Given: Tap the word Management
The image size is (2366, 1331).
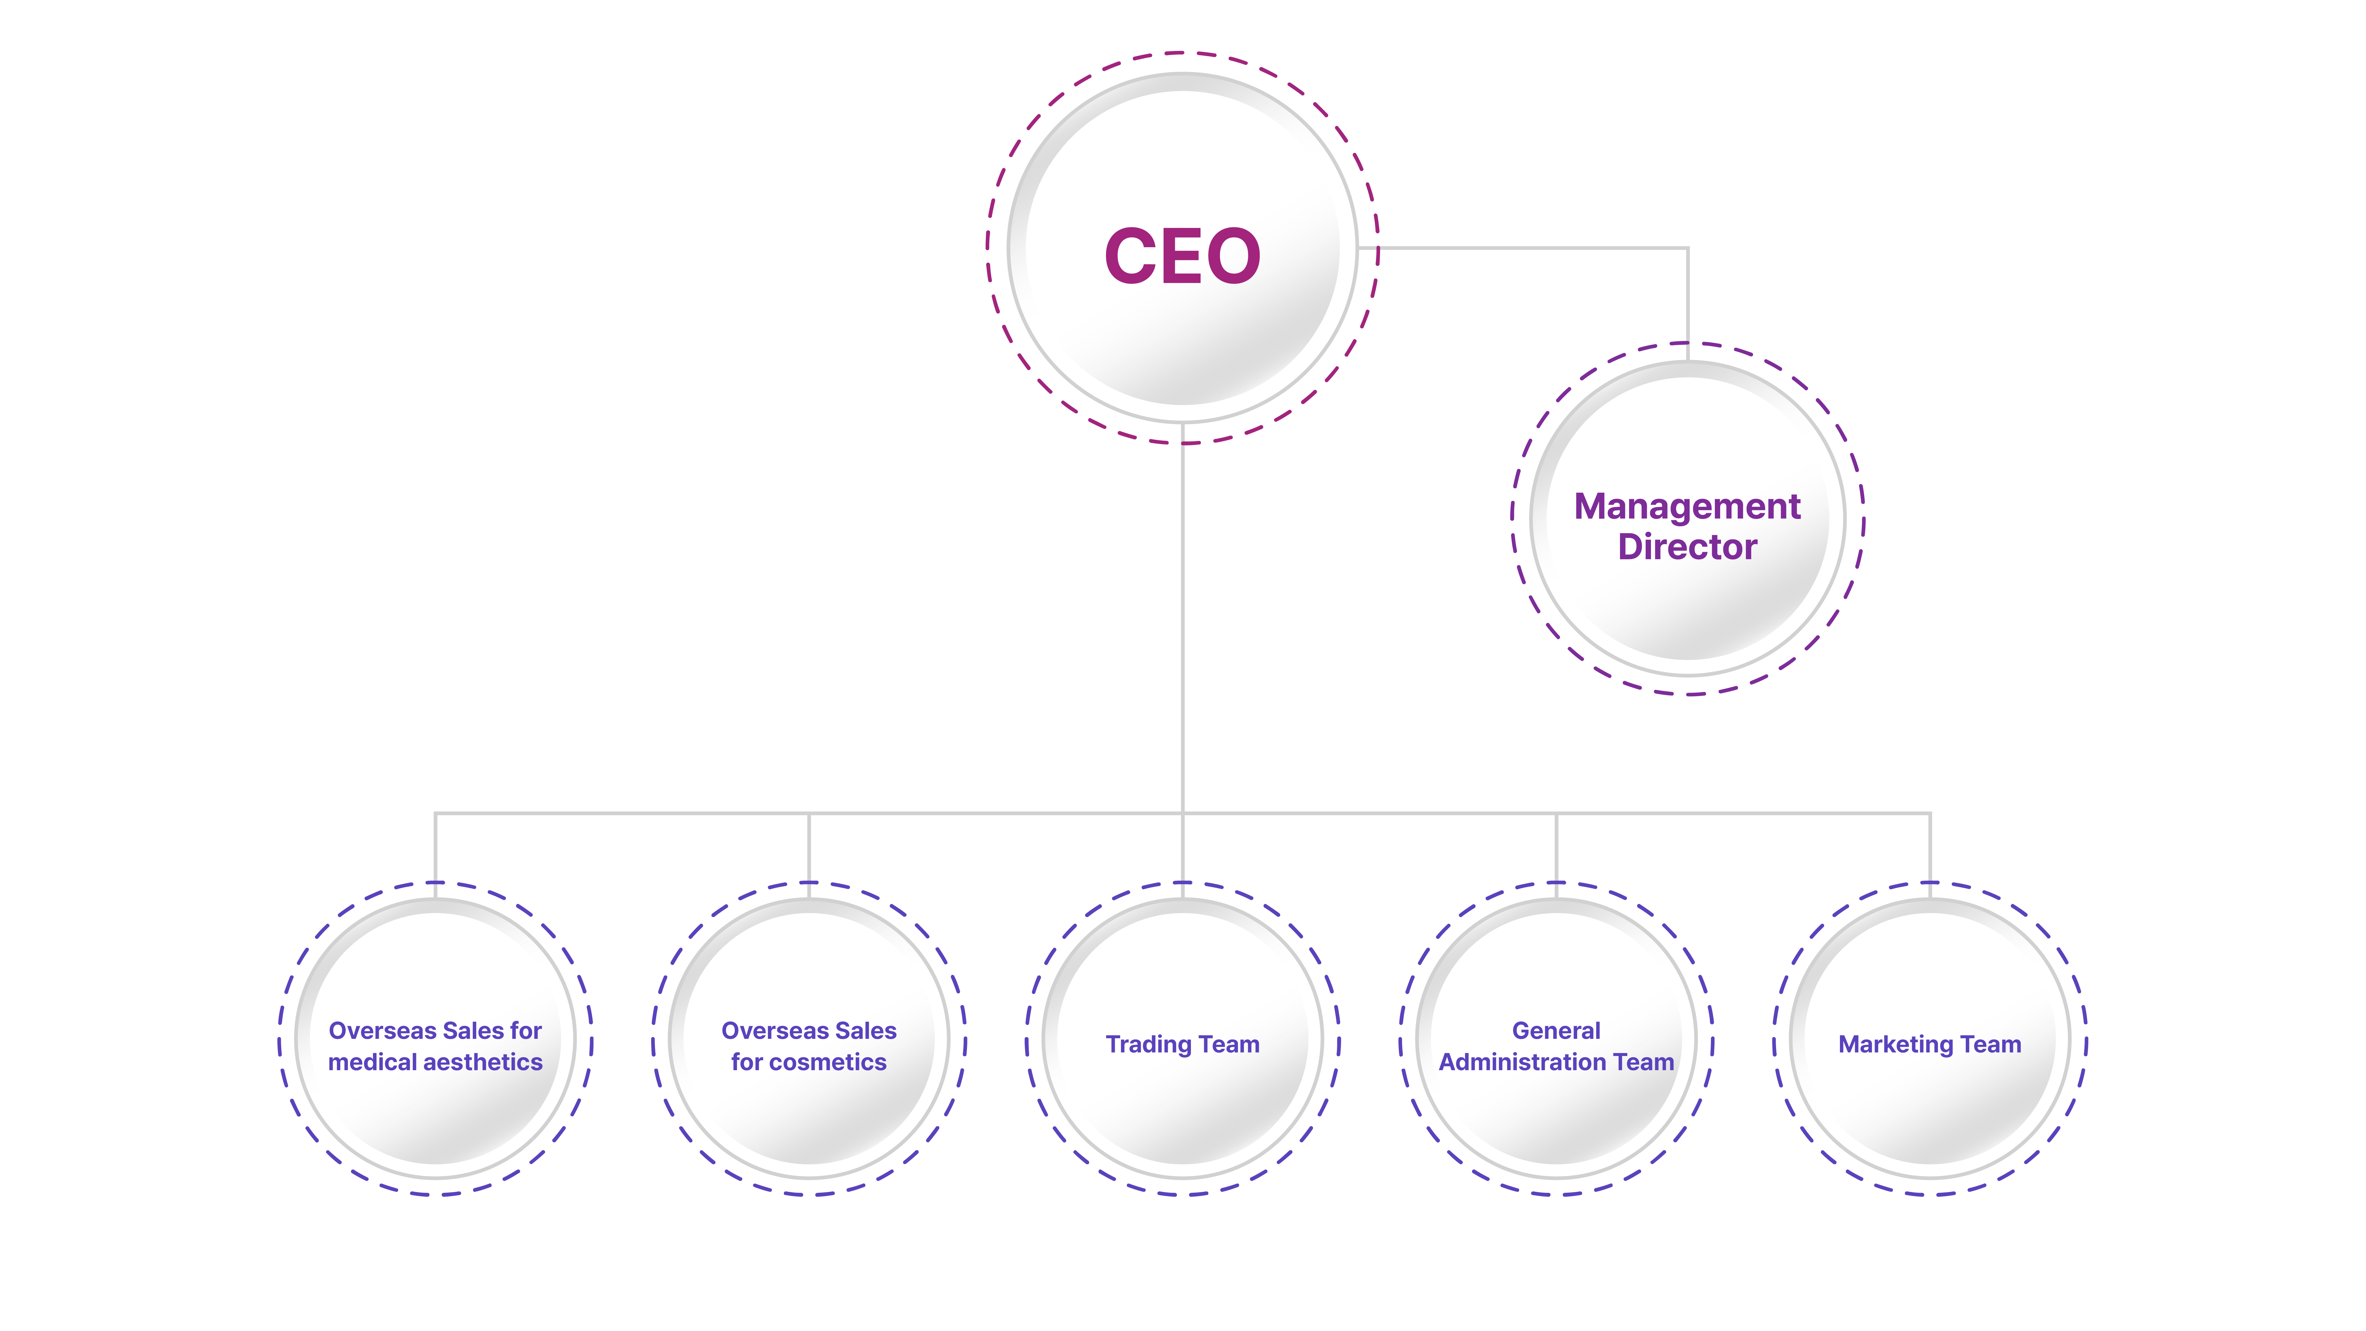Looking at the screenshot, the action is coord(1687,507).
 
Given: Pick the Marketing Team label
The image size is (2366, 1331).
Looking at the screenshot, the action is coord(1930,1044).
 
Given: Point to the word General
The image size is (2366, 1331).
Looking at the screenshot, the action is coord(1556,1031).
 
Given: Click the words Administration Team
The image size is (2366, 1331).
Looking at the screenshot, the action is coord(1556,1062).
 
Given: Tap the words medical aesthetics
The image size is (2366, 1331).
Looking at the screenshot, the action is coord(435,1062).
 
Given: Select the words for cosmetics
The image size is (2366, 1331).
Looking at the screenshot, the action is coord(808,1062).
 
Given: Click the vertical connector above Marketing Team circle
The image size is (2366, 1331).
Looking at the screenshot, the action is coord(1930,847).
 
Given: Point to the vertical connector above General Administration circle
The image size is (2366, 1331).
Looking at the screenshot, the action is coord(1556,847).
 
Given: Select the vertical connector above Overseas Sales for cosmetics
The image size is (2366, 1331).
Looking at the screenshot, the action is coord(808,847).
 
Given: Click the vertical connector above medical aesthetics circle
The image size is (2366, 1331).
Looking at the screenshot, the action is coord(435,847).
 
